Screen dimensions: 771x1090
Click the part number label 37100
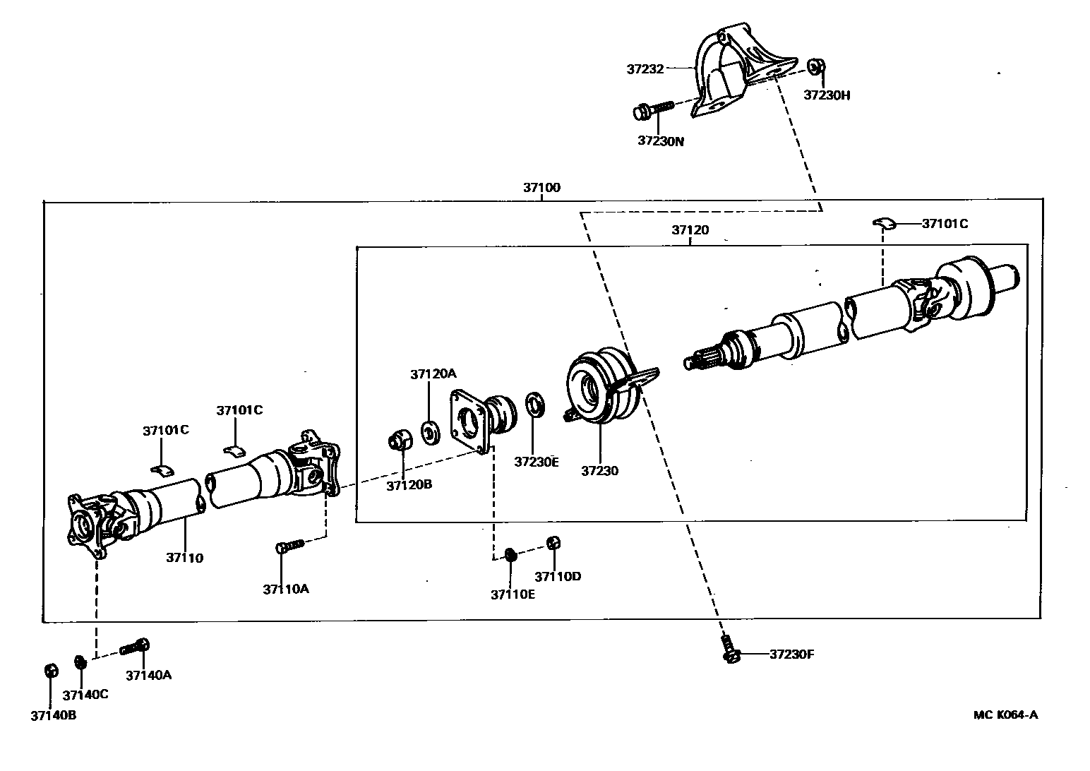[541, 187]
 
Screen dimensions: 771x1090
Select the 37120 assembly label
[690, 229]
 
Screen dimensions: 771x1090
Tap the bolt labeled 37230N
[654, 110]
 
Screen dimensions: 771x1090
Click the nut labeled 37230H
[815, 66]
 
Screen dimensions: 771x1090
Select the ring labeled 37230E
[536, 405]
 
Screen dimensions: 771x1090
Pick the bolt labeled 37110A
[289, 546]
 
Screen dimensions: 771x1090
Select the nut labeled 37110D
[554, 542]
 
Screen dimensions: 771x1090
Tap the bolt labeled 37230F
[729, 650]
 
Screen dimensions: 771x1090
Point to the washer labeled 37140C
[80, 662]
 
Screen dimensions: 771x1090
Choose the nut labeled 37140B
[50, 669]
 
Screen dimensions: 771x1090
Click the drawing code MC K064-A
[1005, 714]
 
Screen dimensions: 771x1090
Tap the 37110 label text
[185, 557]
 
